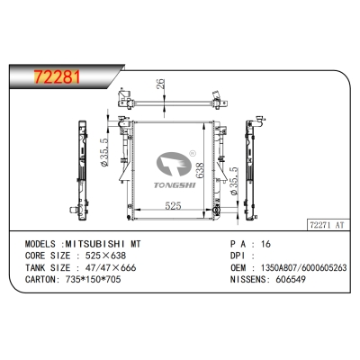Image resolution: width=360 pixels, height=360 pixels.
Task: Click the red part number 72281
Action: [58, 76]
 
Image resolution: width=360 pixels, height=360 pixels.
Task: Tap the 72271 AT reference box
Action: [328, 225]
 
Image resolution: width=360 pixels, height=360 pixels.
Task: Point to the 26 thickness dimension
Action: [161, 84]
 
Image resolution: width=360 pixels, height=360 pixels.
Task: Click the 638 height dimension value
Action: [200, 171]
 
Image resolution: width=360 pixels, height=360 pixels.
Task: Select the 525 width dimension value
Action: [173, 206]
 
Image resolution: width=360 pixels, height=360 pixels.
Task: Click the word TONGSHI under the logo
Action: [175, 185]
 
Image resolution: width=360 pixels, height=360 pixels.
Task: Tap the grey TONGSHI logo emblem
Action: [174, 164]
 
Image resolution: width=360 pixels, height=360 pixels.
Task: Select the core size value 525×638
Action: [105, 256]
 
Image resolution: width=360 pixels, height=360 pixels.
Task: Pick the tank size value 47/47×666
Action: [111, 267]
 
